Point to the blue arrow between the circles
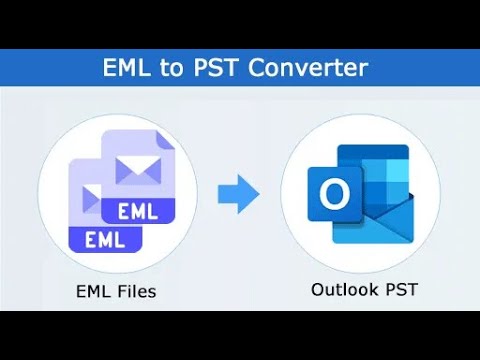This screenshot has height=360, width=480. [x=238, y=193]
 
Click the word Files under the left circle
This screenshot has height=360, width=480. [x=133, y=292]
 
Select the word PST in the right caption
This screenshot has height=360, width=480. [x=397, y=290]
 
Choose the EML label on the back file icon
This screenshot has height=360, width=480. [x=137, y=212]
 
